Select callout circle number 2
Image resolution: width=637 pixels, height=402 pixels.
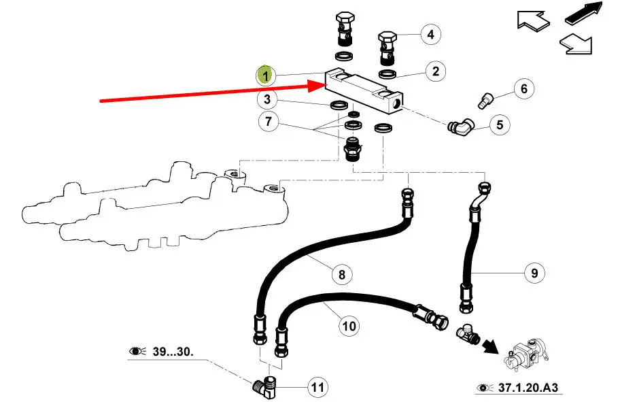click(x=435, y=71)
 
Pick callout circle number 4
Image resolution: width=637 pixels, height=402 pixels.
click(x=430, y=33)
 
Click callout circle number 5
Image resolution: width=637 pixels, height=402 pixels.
click(x=500, y=124)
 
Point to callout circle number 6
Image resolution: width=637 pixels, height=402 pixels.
click(x=523, y=89)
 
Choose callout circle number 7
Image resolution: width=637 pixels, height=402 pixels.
click(x=268, y=123)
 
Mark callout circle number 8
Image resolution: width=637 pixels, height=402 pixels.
click(x=341, y=274)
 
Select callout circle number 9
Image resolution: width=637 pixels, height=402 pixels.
click(x=534, y=273)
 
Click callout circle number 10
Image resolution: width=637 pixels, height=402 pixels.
click(x=349, y=326)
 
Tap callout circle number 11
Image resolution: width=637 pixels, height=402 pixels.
click(x=317, y=388)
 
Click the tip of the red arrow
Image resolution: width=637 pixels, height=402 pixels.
click(x=326, y=85)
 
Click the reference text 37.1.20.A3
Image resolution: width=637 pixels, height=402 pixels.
click(x=529, y=388)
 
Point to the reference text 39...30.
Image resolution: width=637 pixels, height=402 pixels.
click(x=171, y=351)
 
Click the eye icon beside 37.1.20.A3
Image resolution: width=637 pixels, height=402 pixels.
click(x=484, y=388)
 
